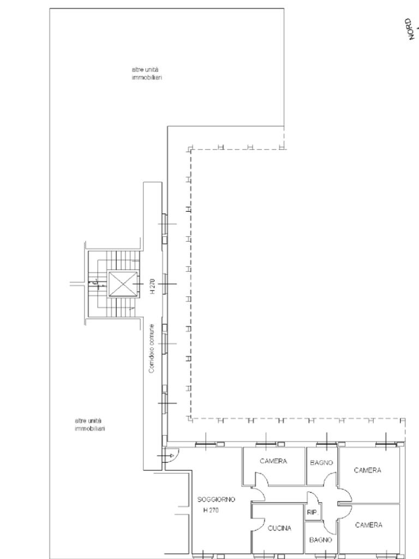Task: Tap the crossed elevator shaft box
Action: click(123, 284)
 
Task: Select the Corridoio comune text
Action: click(152, 348)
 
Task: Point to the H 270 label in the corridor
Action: click(152, 286)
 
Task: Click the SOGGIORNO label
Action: click(216, 499)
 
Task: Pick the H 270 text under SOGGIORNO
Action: click(211, 510)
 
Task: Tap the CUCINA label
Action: click(279, 528)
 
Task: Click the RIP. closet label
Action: click(313, 512)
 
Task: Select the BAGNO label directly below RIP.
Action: click(321, 540)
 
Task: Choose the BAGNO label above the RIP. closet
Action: click(321, 463)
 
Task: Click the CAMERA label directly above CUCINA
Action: click(273, 461)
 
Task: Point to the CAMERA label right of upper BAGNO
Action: click(367, 470)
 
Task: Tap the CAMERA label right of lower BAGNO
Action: click(369, 525)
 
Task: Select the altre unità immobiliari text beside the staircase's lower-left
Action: click(90, 425)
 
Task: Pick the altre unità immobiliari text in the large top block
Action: click(147, 74)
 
